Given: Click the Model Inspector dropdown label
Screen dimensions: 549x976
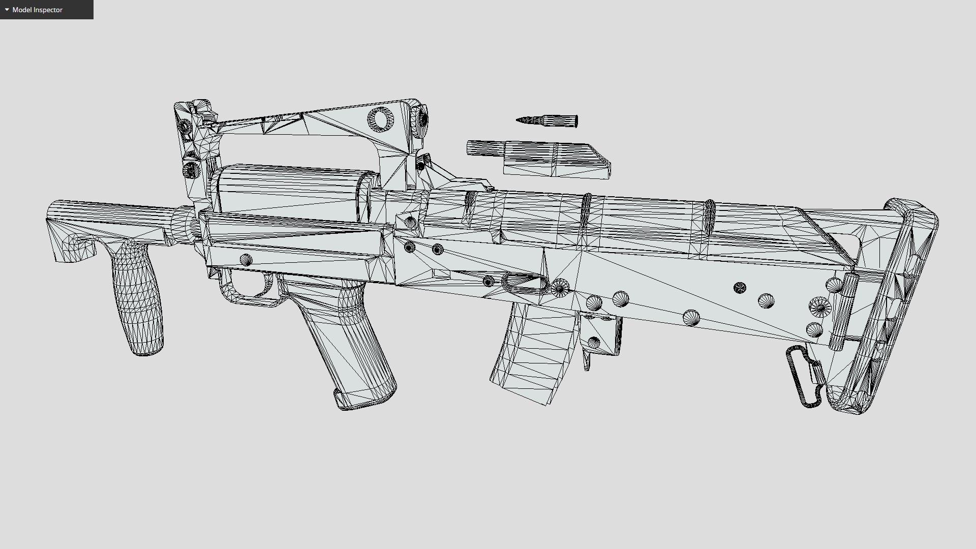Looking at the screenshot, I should point(37,10).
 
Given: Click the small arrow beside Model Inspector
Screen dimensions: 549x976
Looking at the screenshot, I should point(7,10).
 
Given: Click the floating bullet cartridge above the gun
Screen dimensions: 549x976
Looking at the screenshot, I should point(547,120).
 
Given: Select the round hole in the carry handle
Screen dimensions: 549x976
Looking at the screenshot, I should point(380,119).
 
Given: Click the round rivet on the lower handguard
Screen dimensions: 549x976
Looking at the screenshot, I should point(246,260).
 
